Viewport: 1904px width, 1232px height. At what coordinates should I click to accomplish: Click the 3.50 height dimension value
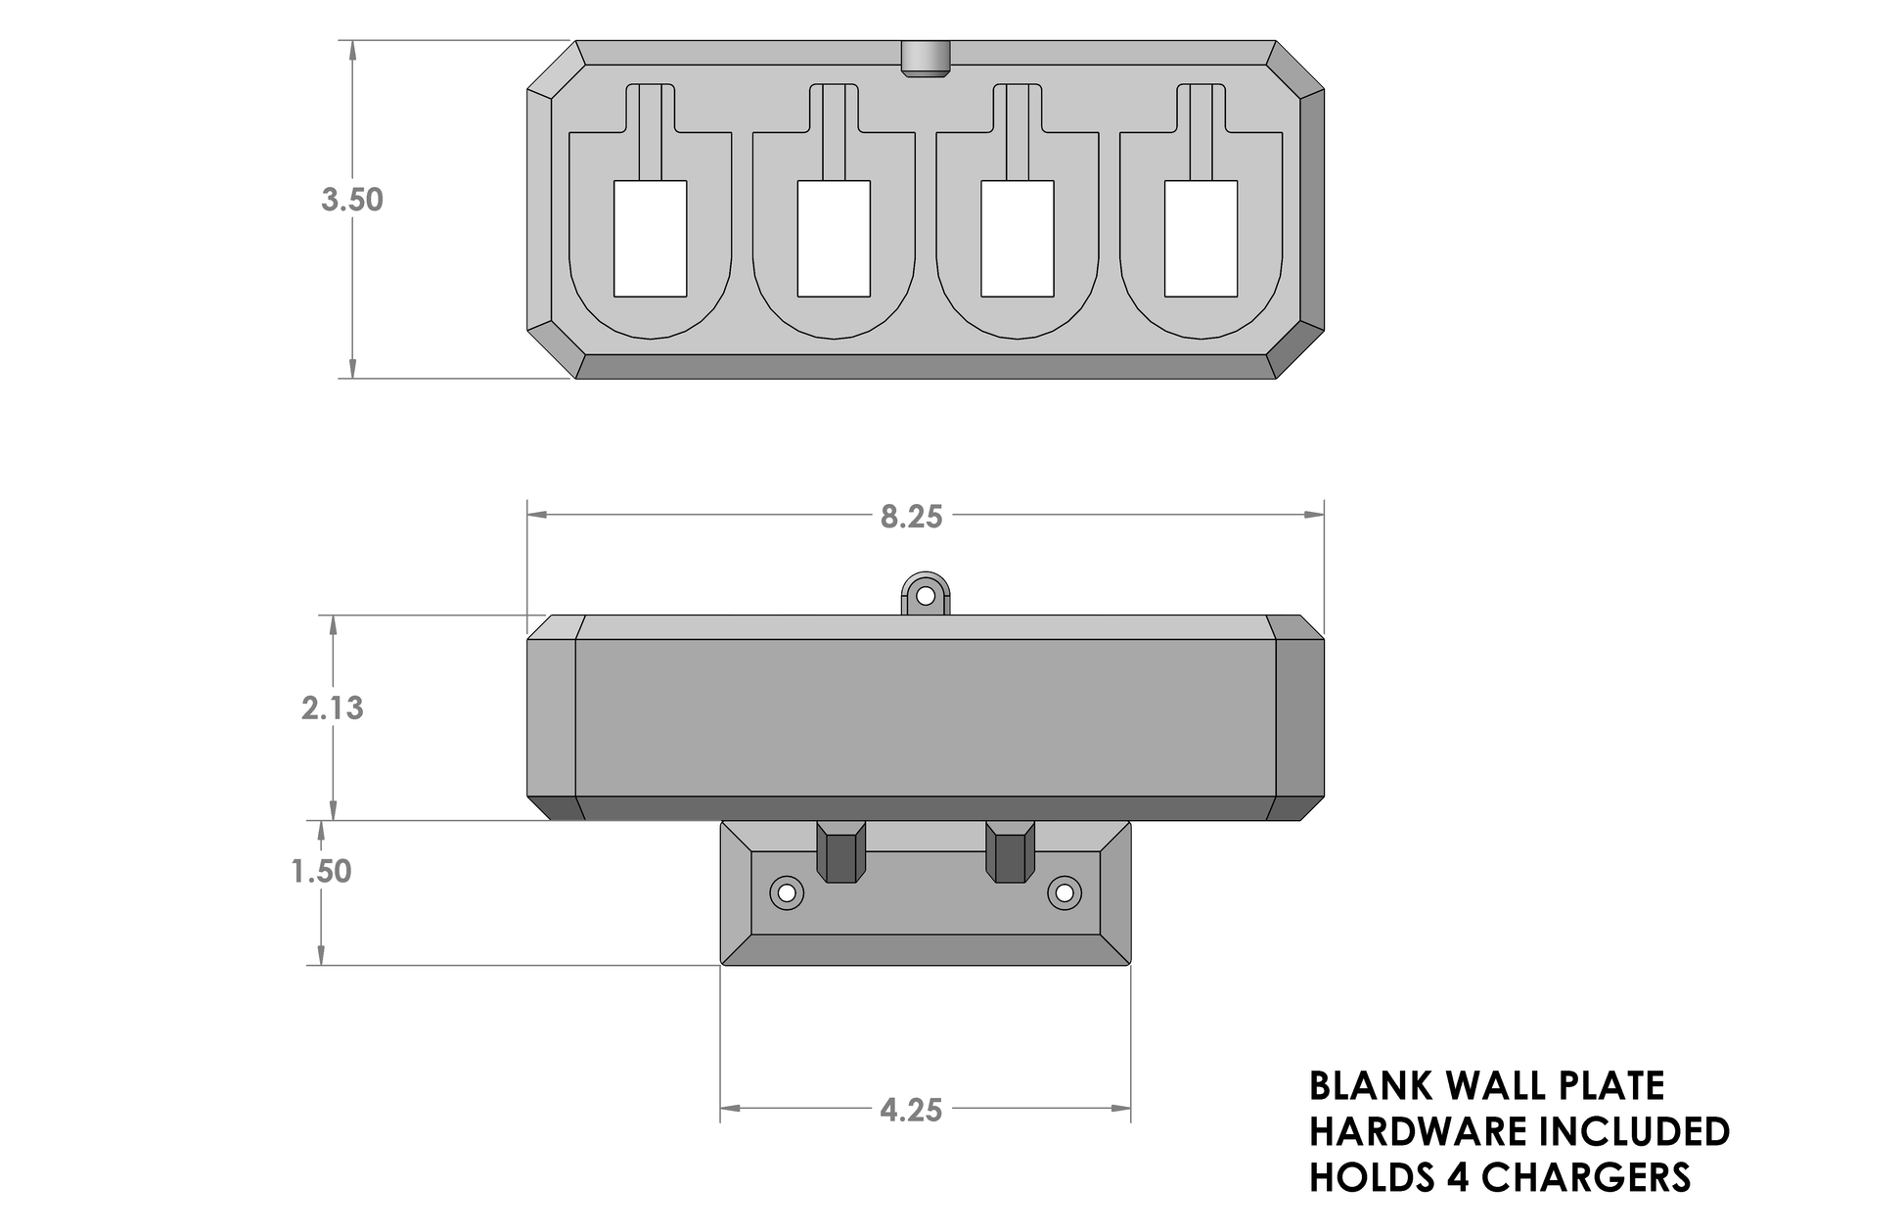click(x=352, y=200)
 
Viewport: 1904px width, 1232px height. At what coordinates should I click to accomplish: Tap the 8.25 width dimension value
click(x=911, y=517)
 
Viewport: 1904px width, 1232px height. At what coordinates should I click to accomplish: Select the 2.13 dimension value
click(x=333, y=707)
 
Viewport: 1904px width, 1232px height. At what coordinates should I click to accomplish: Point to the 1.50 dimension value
click(x=322, y=871)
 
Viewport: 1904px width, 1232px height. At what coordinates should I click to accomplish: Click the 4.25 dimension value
click(x=911, y=1110)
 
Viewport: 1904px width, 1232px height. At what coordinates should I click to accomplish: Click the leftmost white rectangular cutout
click(x=650, y=239)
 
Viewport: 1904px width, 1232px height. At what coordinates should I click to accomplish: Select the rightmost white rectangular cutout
click(x=1201, y=239)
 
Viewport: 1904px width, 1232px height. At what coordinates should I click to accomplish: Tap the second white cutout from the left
click(x=834, y=239)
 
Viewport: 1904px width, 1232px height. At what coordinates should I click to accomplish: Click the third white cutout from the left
click(x=1018, y=239)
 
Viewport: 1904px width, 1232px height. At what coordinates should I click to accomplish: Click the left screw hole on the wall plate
click(x=786, y=892)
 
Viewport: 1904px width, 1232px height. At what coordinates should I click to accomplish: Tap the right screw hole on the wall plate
click(x=1064, y=892)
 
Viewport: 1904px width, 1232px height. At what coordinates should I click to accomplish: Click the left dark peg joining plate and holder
click(x=841, y=851)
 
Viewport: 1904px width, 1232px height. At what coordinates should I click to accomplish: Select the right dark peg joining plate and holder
click(x=1011, y=851)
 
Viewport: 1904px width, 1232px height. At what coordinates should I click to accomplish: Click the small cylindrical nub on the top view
click(x=925, y=59)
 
